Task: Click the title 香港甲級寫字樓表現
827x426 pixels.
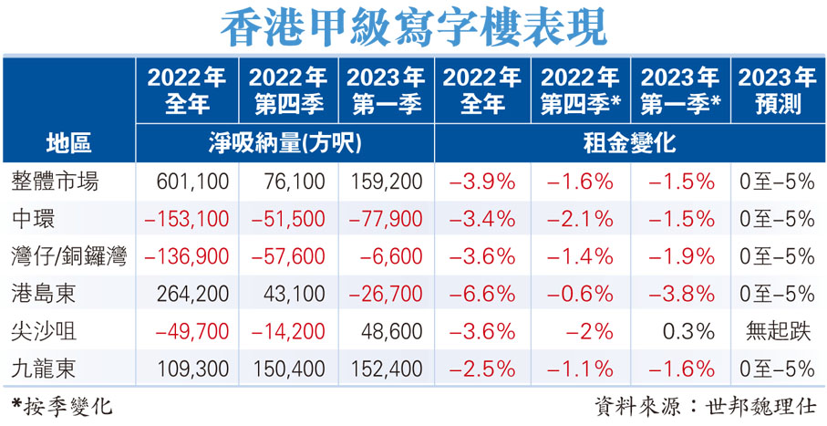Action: point(413,27)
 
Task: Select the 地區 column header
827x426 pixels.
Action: point(68,142)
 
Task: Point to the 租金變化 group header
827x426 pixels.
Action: point(629,142)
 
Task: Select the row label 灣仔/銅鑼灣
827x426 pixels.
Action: point(68,256)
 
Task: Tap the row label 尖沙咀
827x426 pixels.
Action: point(45,330)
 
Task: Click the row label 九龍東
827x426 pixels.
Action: point(45,368)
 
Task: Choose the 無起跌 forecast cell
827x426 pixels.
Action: point(778,330)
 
